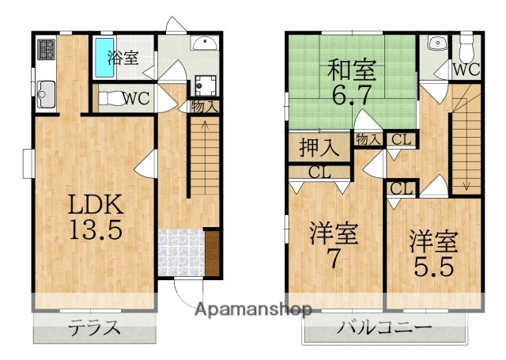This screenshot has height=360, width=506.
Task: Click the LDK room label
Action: tap(94, 205)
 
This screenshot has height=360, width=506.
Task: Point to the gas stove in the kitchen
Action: tap(44, 51)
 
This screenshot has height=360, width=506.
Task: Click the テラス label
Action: tap(94, 327)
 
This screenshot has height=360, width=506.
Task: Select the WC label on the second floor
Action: tap(465, 70)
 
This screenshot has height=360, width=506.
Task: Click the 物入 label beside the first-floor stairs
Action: tap(204, 105)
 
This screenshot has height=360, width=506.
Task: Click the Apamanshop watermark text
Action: tap(255, 308)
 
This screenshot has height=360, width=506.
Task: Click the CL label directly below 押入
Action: tap(319, 172)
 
